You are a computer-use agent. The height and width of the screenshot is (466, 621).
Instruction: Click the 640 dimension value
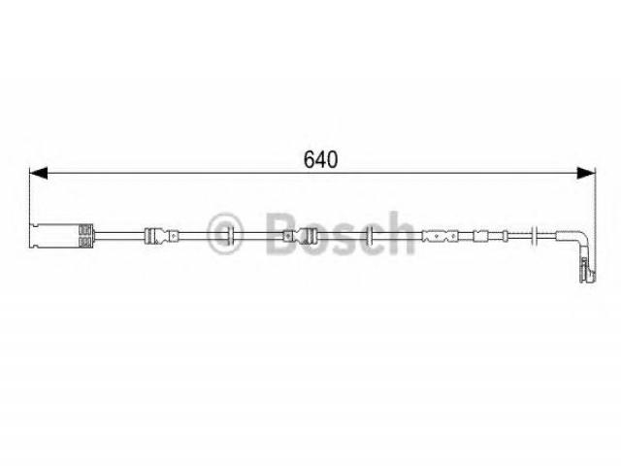click(320, 159)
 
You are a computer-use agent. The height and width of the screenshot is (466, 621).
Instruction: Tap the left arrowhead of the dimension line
click(39, 173)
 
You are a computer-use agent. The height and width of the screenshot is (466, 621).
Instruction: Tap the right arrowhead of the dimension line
click(586, 173)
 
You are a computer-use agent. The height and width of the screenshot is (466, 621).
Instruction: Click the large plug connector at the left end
click(61, 236)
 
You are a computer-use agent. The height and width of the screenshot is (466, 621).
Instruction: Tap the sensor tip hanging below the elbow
click(587, 270)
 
